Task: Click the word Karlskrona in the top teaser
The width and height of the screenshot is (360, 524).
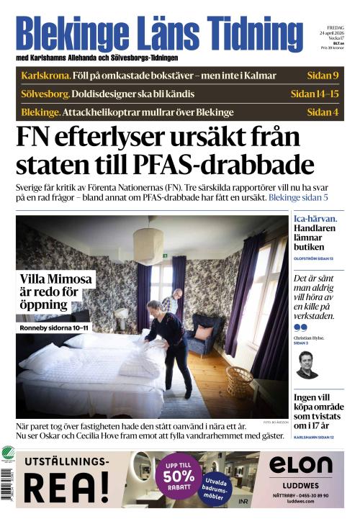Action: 45,76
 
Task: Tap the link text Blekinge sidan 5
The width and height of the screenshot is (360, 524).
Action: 298,196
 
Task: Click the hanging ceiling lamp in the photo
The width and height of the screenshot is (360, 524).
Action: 148,245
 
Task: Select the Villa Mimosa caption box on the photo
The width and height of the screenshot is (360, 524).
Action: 51,292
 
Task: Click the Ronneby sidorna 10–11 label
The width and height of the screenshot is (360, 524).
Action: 55,329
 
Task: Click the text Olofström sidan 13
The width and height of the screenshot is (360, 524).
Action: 312,257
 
